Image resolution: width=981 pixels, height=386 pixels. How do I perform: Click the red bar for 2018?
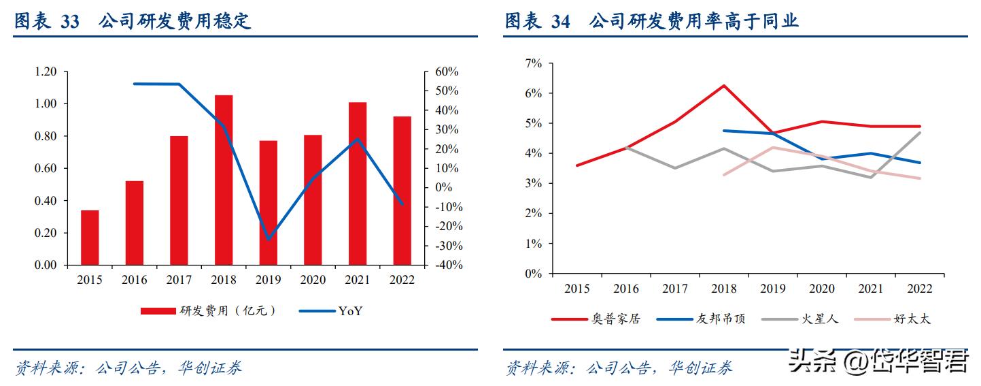[224, 180]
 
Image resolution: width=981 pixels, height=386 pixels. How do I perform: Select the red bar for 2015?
[90, 238]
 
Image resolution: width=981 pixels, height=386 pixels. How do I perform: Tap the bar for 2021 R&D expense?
[358, 183]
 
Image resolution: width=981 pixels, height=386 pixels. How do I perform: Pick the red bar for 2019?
[269, 203]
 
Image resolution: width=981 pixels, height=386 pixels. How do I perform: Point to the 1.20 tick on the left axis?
[46, 71]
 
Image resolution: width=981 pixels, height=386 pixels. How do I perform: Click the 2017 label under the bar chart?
[179, 280]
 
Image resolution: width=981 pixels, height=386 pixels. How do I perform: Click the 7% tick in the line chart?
[534, 63]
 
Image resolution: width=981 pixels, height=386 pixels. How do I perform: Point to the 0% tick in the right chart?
[534, 274]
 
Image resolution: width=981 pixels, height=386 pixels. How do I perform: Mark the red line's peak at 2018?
[723, 86]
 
